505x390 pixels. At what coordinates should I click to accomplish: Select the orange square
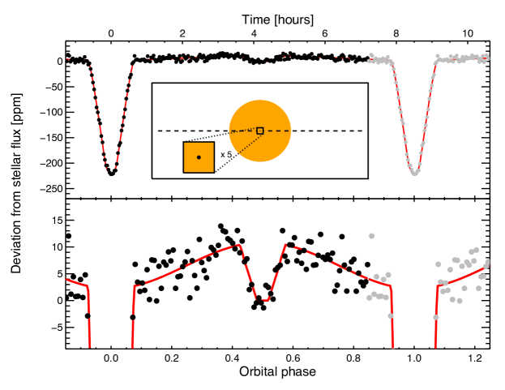click(x=199, y=157)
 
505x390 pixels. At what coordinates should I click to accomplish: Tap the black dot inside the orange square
click(x=199, y=157)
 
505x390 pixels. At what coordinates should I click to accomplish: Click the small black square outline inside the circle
click(x=259, y=131)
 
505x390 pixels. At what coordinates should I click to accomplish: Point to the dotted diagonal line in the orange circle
click(x=247, y=144)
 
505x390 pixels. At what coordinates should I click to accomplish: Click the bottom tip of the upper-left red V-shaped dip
click(x=111, y=171)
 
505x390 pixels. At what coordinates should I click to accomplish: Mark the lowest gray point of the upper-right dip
click(x=413, y=173)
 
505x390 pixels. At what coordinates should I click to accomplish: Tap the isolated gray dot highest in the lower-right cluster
click(x=371, y=236)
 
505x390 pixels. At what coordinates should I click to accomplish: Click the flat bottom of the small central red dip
click(x=263, y=299)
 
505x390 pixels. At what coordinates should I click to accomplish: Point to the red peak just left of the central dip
click(x=239, y=245)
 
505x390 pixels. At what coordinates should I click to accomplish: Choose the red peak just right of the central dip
click(x=288, y=246)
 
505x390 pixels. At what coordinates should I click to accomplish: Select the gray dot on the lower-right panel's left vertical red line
click(x=391, y=316)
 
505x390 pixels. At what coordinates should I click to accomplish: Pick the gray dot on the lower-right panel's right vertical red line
click(x=435, y=317)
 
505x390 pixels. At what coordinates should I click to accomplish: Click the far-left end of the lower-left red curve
click(x=66, y=280)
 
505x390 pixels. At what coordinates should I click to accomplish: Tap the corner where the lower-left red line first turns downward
click(x=88, y=287)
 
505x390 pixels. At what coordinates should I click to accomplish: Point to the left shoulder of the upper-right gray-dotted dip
click(x=392, y=64)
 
